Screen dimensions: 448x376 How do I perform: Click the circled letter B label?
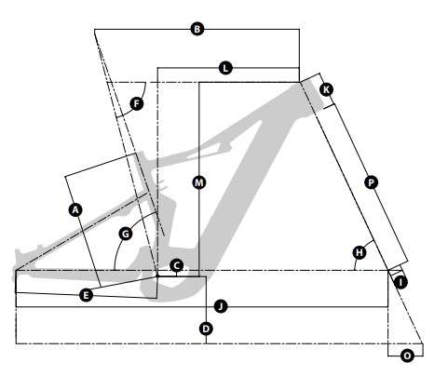[197, 29]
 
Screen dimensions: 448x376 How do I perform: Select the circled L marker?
[225, 68]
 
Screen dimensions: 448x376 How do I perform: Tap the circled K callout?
[326, 89]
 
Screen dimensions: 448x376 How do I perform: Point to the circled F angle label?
[136, 103]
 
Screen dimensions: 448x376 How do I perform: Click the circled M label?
[199, 182]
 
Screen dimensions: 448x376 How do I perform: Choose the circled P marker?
[371, 182]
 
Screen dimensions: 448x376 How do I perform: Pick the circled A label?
[75, 210]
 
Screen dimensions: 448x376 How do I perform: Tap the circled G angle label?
[126, 234]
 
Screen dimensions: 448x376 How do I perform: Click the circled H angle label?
[360, 252]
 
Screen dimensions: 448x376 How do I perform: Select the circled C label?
[176, 265]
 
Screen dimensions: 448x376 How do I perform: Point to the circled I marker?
[400, 282]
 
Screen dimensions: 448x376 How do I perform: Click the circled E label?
[86, 295]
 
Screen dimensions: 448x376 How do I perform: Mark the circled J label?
[221, 306]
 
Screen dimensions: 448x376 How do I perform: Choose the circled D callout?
[206, 329]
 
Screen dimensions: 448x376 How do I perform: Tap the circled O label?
[407, 356]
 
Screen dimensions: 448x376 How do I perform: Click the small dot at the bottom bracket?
[157, 275]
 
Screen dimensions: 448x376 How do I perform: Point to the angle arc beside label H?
[360, 251]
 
